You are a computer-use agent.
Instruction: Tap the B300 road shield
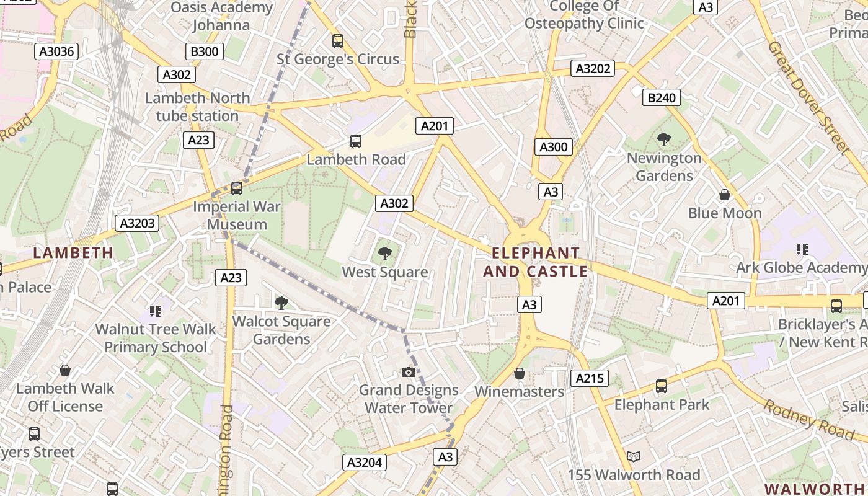(205, 51)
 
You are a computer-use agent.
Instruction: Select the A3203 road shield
(137, 223)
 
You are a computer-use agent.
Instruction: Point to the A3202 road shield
(593, 68)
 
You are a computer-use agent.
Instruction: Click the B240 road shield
(662, 97)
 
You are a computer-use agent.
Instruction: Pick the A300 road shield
(554, 147)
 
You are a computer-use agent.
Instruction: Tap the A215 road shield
(590, 378)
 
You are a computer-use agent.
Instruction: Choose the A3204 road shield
(365, 462)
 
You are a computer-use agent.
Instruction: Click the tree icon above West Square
(385, 253)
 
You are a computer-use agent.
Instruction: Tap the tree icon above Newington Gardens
(663, 139)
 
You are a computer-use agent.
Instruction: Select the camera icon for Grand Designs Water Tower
(408, 372)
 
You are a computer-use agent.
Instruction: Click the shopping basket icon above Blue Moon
(724, 195)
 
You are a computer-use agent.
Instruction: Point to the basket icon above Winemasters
(520, 373)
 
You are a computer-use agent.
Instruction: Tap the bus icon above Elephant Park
(662, 386)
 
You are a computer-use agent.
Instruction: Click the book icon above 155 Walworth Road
(633, 457)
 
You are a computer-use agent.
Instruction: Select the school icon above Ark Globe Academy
(802, 249)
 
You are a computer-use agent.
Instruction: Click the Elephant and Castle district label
(536, 262)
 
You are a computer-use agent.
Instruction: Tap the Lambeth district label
(73, 252)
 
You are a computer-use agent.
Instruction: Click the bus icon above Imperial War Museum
(236, 188)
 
